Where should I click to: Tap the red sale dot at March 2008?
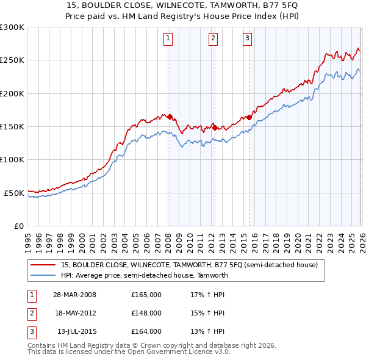pos(170,117)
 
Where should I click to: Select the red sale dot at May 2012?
pos(215,128)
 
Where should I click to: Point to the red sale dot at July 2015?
pos(249,117)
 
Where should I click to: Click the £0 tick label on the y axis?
pos(18,226)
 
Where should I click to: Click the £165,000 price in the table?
pos(146,295)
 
